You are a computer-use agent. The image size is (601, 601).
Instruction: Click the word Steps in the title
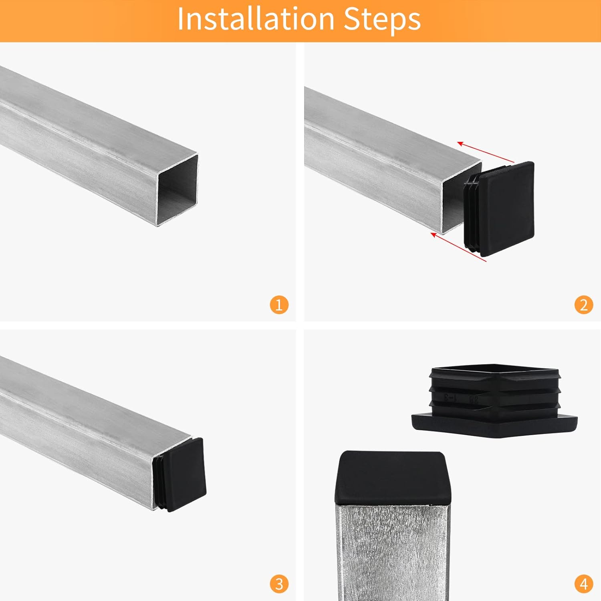[x=382, y=19]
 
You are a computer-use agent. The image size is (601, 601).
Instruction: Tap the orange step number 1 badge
[x=279, y=305]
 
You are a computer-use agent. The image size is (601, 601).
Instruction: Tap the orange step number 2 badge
[x=583, y=305]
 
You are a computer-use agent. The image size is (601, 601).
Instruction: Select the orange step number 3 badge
[x=279, y=584]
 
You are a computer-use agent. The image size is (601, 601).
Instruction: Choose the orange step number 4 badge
[x=583, y=584]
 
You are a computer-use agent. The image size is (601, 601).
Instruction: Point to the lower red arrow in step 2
[x=458, y=247]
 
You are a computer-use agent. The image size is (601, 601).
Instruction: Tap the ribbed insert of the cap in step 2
[x=471, y=213]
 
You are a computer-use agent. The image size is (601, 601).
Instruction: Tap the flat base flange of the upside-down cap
[x=494, y=425]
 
